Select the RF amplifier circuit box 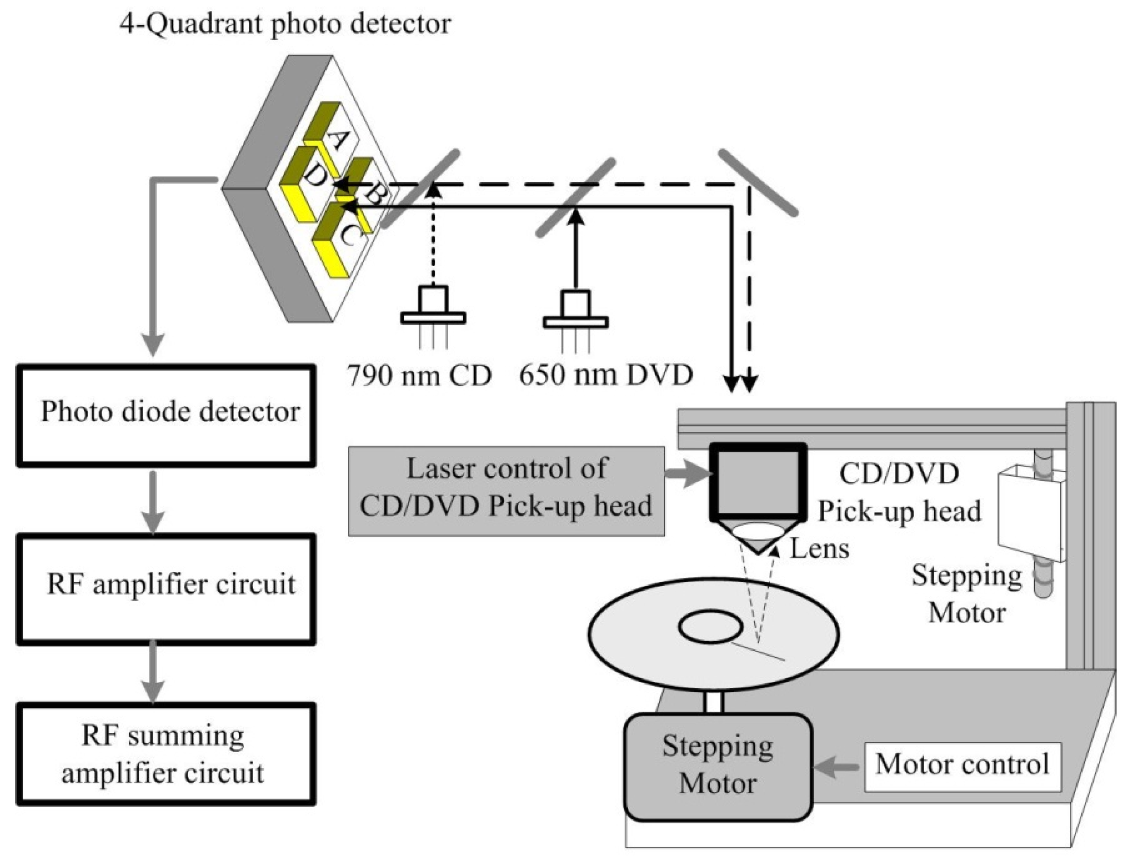[x=166, y=588]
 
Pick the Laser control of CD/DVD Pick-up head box [x=506, y=491]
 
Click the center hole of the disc [x=711, y=627]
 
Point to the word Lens [x=819, y=550]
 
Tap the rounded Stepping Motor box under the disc [x=718, y=767]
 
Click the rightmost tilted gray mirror [x=758, y=183]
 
